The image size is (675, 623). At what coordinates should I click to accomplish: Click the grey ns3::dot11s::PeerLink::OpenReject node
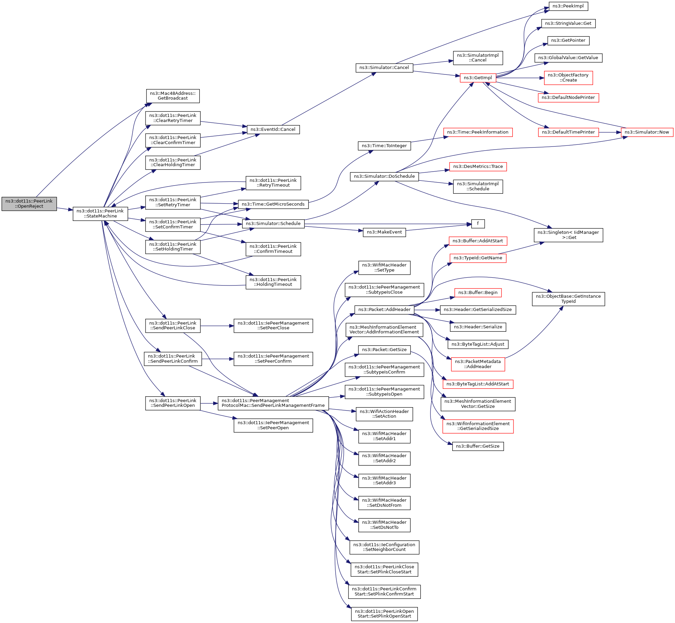[x=29, y=204]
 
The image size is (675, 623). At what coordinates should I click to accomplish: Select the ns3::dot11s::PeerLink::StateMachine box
[x=100, y=213]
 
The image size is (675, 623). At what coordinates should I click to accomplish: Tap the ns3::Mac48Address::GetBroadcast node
[x=173, y=96]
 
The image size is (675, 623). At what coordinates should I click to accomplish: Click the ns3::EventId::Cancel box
[x=273, y=129]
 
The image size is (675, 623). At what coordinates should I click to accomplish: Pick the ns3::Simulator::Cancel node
[x=384, y=68]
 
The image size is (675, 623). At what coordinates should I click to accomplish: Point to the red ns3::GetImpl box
[x=477, y=78]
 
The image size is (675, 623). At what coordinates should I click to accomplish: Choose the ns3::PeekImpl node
[x=568, y=6]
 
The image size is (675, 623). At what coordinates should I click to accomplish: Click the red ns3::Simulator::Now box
[x=646, y=132]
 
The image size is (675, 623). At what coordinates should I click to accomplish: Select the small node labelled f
[x=478, y=224]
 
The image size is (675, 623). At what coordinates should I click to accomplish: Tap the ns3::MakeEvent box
[x=384, y=232]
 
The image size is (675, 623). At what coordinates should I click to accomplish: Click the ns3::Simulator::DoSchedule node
[x=384, y=176]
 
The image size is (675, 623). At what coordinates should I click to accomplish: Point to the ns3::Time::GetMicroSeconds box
[x=273, y=204]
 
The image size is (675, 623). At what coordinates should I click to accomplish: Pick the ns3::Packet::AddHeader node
[x=384, y=310]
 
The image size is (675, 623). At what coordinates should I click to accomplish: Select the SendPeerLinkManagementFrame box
[x=273, y=403]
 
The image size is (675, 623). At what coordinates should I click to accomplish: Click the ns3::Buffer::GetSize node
[x=477, y=446]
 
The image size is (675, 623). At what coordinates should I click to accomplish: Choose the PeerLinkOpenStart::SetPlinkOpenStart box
[x=384, y=613]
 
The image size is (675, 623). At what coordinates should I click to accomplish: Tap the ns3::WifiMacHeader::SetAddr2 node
[x=384, y=458]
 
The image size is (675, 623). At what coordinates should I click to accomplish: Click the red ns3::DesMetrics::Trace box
[x=478, y=167]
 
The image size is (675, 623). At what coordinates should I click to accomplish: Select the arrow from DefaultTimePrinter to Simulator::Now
[x=610, y=132]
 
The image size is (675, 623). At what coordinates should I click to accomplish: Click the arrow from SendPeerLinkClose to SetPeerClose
[x=217, y=326]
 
